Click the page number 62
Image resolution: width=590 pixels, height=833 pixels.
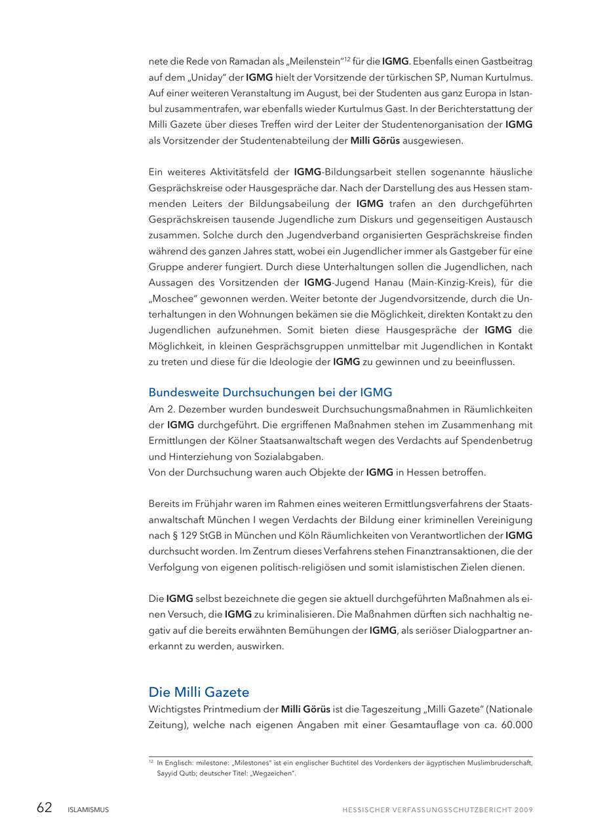click(x=44, y=808)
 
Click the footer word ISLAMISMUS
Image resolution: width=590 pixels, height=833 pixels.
click(x=88, y=809)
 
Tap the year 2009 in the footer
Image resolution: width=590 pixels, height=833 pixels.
click(x=524, y=809)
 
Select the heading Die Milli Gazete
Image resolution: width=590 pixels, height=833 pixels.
click(x=199, y=692)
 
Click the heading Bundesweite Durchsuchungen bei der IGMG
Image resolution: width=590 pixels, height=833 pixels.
click(x=270, y=392)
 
